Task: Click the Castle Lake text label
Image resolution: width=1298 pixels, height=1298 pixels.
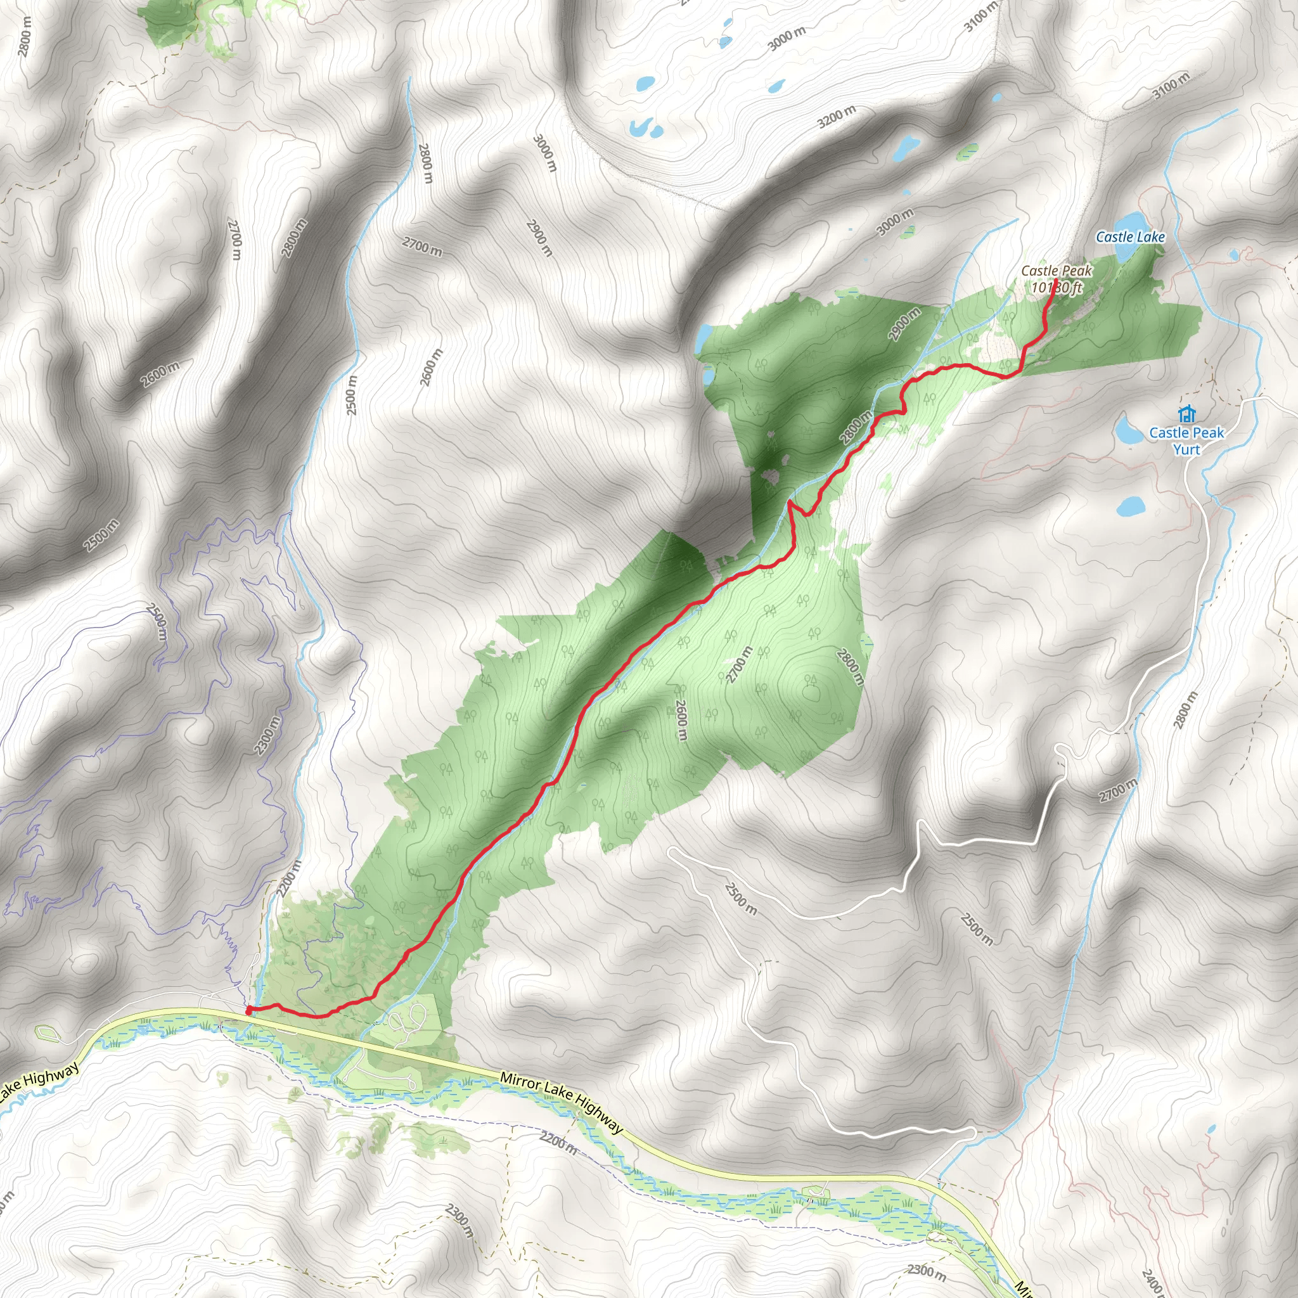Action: tap(1130, 237)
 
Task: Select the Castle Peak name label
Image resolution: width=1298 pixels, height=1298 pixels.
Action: tap(1056, 271)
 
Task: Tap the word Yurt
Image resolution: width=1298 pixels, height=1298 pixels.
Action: tap(1186, 449)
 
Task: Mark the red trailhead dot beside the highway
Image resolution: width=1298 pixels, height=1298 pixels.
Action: tap(248, 1010)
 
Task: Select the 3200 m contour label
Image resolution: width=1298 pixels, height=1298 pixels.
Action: tap(837, 118)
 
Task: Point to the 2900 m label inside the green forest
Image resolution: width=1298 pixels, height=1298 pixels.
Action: tap(904, 324)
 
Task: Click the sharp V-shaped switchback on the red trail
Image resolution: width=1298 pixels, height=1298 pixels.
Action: tap(790, 502)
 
